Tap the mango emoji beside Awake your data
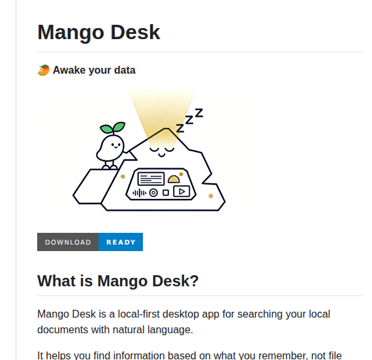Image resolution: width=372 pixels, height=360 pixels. (x=44, y=70)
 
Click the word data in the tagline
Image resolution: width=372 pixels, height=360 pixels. (x=123, y=70)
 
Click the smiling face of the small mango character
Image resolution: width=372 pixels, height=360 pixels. (x=112, y=145)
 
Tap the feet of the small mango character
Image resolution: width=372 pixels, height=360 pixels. (x=110, y=167)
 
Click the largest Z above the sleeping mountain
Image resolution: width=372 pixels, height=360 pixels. (x=198, y=113)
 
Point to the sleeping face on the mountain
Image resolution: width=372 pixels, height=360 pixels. (x=163, y=149)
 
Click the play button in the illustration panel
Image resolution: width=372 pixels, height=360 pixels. (x=181, y=192)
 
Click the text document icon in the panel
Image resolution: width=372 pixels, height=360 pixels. (x=151, y=177)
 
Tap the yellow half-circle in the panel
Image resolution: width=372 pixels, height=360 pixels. (x=174, y=178)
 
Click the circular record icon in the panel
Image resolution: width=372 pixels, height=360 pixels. (x=154, y=192)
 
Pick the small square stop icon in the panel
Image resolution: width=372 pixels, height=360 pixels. (x=166, y=192)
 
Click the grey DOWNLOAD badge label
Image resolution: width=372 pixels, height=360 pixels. (x=68, y=242)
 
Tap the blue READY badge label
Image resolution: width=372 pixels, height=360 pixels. (x=121, y=242)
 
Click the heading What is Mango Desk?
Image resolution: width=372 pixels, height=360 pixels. (x=117, y=281)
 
